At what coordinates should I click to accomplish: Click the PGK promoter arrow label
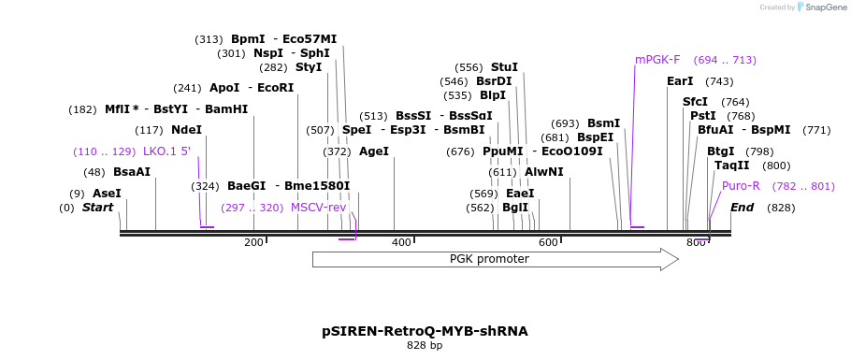[x=489, y=259]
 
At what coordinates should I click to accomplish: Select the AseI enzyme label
[x=107, y=193]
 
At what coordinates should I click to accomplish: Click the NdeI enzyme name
[x=186, y=130]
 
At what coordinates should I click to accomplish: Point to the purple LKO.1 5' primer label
[x=166, y=151]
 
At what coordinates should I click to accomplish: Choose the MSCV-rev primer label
[x=318, y=208]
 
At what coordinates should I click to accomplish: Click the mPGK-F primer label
[x=657, y=60]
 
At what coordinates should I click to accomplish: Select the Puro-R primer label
[x=741, y=186]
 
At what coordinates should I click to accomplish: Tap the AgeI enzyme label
[x=373, y=151]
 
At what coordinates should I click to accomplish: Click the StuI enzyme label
[x=504, y=67]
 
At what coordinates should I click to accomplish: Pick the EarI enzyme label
[x=680, y=81]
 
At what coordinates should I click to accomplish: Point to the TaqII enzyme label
[x=731, y=166]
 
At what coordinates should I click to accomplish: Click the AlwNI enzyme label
[x=543, y=172]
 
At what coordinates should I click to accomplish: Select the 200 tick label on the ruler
[x=253, y=243]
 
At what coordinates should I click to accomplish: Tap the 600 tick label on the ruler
[x=548, y=243]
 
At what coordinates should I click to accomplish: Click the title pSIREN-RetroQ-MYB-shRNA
[x=425, y=331]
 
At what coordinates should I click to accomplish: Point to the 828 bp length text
[x=425, y=346]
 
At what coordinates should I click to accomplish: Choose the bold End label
[x=742, y=208]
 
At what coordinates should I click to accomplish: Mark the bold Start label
[x=97, y=208]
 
